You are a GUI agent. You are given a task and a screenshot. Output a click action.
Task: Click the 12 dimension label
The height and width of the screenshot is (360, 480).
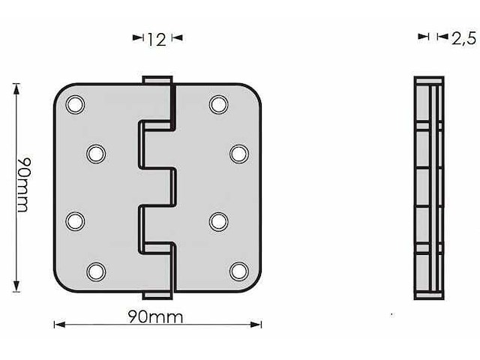[156, 39]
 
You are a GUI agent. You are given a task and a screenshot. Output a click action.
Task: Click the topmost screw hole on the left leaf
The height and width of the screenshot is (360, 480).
[75, 104]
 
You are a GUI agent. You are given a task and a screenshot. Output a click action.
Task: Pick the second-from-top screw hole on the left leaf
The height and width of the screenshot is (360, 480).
[95, 154]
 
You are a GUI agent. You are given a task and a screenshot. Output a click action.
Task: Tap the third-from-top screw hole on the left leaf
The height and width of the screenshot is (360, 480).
[75, 221]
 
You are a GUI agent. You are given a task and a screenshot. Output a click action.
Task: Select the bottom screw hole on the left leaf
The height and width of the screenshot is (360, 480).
[95, 271]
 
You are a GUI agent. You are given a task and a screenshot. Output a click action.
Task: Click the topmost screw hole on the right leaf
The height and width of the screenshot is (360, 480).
[218, 104]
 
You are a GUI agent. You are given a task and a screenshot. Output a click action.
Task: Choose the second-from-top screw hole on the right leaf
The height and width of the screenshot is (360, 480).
[238, 154]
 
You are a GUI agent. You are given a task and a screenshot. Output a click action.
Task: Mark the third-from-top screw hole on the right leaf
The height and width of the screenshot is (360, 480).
[218, 221]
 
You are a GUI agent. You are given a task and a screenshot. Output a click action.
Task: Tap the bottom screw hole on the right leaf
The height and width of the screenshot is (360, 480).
[238, 271]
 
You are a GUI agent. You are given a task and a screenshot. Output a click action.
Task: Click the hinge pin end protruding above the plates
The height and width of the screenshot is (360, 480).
[157, 79]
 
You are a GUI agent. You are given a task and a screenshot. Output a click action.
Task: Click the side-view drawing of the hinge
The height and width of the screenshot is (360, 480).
[429, 187]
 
